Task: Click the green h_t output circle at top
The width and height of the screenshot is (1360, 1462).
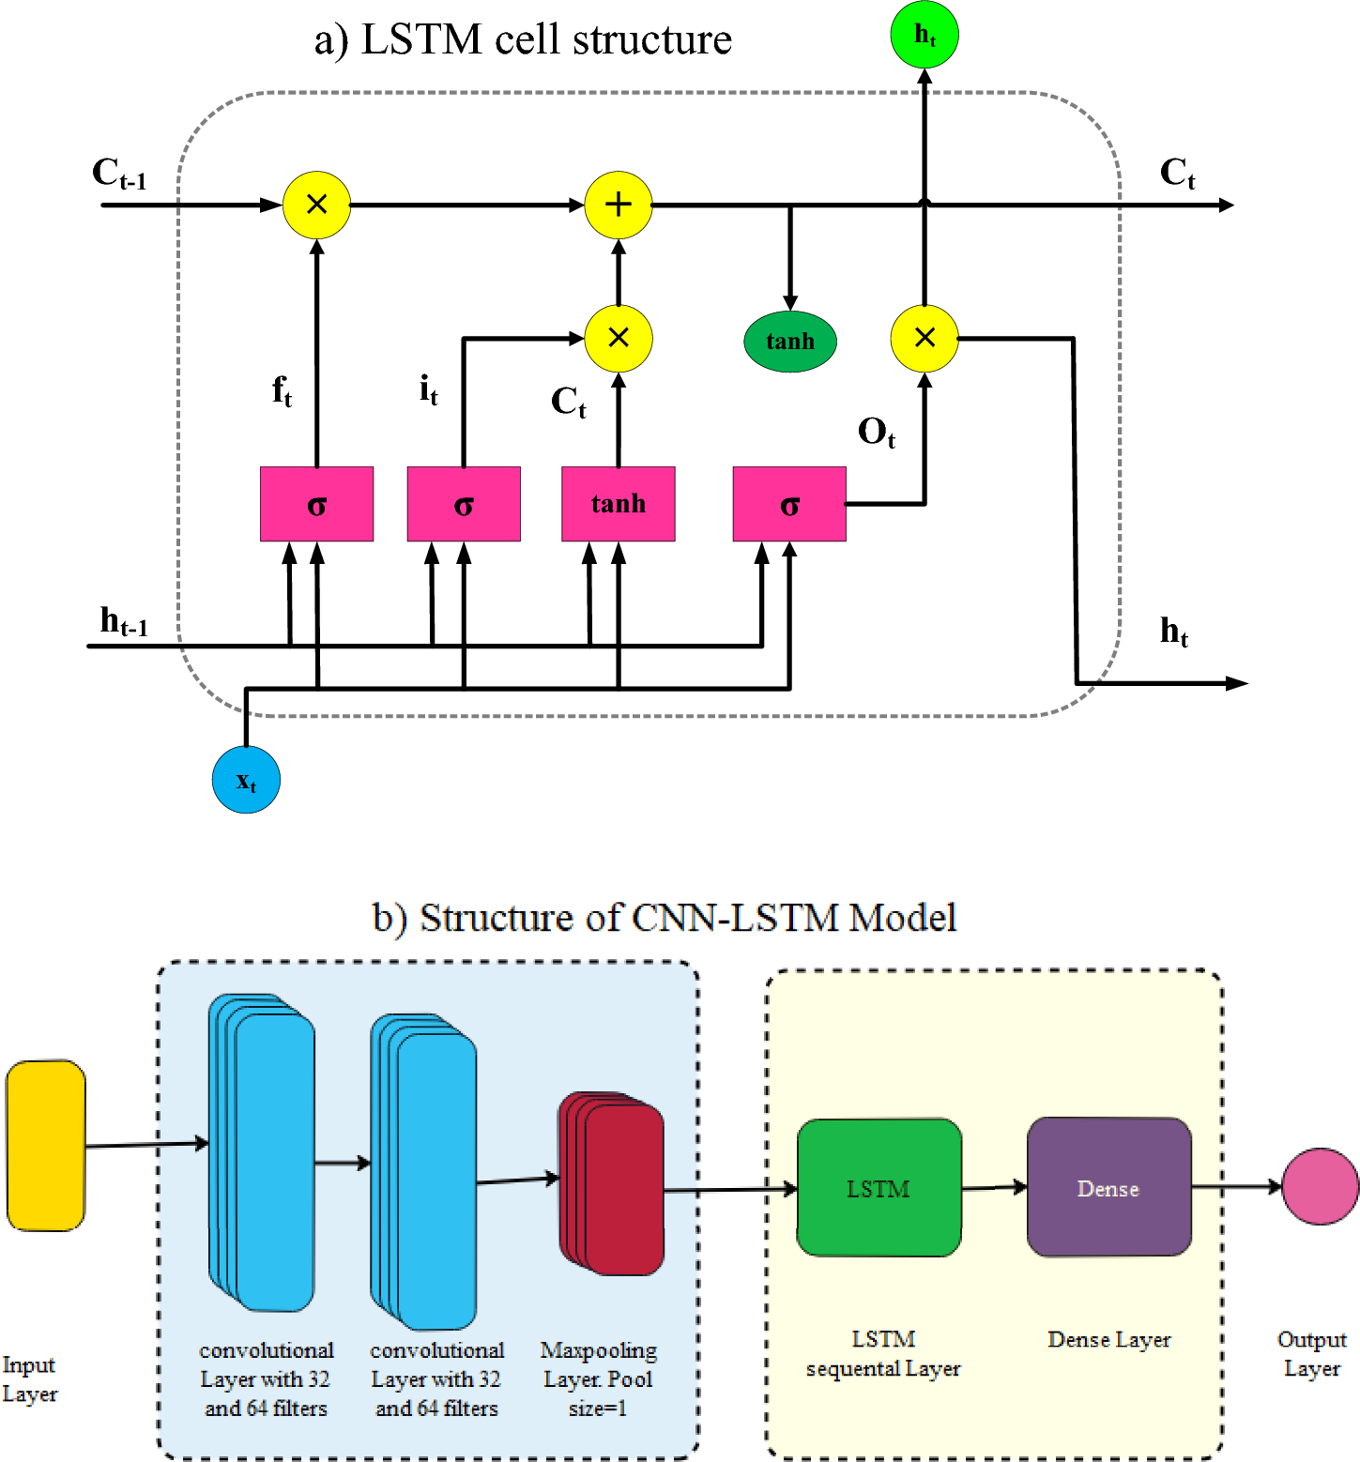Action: [924, 35]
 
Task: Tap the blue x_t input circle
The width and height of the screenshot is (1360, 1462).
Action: [246, 780]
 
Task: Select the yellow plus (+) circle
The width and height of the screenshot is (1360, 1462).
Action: [618, 205]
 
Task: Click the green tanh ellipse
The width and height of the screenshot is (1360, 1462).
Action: [789, 342]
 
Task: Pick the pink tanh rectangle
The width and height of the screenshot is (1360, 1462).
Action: [618, 504]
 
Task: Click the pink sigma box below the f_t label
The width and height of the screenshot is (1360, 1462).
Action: [316, 504]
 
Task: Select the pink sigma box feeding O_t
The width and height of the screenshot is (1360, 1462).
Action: [788, 504]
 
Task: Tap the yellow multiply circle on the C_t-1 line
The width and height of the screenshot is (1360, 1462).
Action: [316, 205]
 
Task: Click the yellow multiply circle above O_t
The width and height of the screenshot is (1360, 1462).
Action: [924, 338]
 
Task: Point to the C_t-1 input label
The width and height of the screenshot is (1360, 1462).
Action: [119, 174]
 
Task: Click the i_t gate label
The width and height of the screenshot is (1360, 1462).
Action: [428, 388]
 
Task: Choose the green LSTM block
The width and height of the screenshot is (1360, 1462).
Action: [879, 1188]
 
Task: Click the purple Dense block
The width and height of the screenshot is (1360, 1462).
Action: [1108, 1188]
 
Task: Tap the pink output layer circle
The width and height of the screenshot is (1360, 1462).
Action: [1321, 1187]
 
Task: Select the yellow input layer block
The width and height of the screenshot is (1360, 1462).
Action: [45, 1146]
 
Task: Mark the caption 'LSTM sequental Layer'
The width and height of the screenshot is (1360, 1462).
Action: [882, 1354]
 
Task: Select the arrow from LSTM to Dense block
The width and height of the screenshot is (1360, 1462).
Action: [994, 1188]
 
